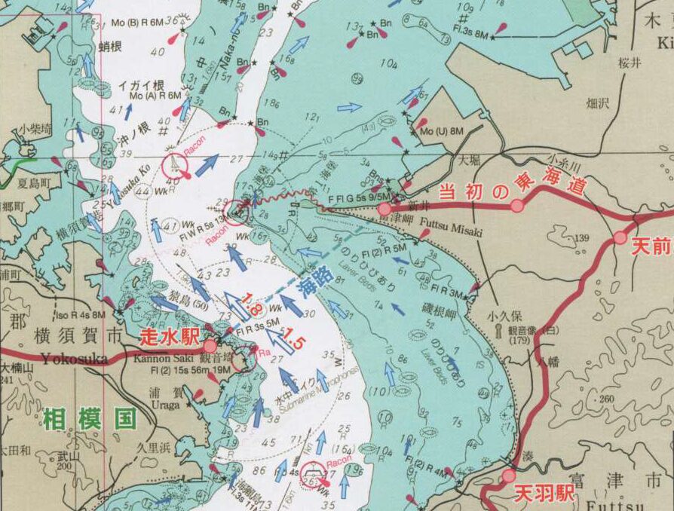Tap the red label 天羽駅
point(544,494)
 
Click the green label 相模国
point(89,418)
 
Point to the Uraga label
point(165,405)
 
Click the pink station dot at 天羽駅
point(509,476)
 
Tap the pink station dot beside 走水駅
point(210,345)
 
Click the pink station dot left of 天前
point(620,238)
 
